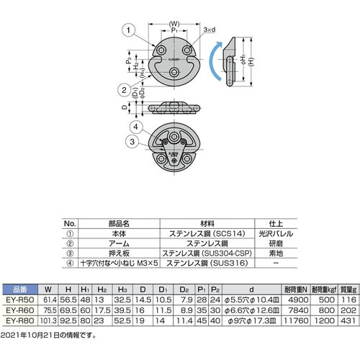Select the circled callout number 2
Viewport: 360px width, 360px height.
[x=125, y=90]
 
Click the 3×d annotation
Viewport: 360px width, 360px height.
[x=210, y=30]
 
